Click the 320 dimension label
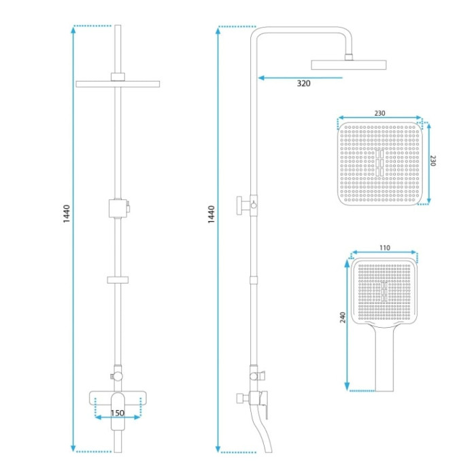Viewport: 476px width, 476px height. click(x=303, y=83)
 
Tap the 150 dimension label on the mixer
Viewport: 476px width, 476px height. click(x=118, y=413)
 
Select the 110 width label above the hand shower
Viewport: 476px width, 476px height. click(x=385, y=248)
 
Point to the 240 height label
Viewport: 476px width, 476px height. click(x=343, y=318)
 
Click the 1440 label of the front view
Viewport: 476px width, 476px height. click(x=67, y=214)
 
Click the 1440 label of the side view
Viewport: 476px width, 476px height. click(x=211, y=215)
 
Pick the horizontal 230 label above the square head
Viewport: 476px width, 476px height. click(x=379, y=114)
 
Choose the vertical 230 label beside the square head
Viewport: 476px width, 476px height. click(x=433, y=160)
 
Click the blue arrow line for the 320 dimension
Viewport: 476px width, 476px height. click(x=301, y=78)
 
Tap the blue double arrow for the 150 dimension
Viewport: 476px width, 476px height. click(x=118, y=418)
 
